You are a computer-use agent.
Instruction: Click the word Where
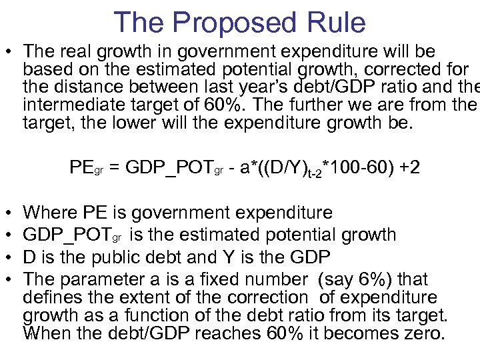coord(49,213)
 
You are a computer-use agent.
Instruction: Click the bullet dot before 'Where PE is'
coord(8,213)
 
